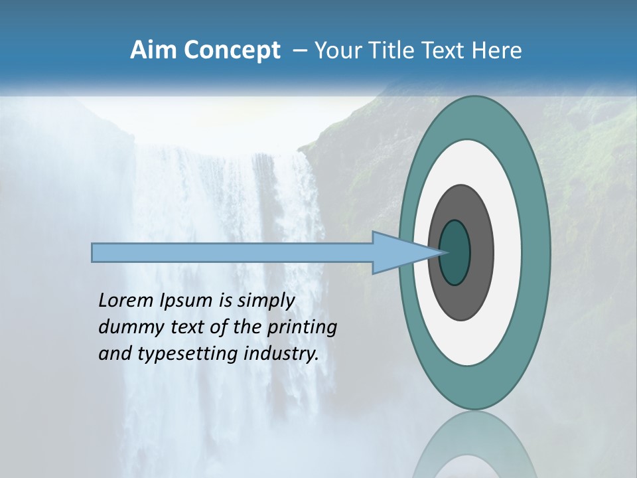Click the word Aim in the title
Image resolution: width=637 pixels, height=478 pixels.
coord(153,50)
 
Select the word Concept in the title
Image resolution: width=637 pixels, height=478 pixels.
coord(232,50)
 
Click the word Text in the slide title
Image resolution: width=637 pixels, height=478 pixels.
coord(442,50)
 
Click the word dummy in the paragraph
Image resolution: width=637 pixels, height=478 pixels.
coord(128,327)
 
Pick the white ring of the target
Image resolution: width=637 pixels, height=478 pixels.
coord(508,252)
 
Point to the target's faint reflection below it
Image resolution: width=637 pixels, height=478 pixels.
coord(474,445)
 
